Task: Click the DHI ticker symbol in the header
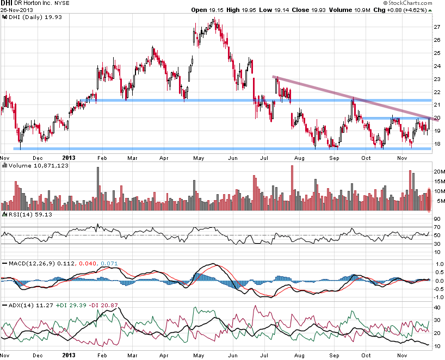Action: tap(8, 3)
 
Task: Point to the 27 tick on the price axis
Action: tap(437, 27)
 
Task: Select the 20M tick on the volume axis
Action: tap(438, 171)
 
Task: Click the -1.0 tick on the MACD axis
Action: tap(438, 297)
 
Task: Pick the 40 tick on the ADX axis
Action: tap(437, 308)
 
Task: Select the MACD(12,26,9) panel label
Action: tap(30, 263)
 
